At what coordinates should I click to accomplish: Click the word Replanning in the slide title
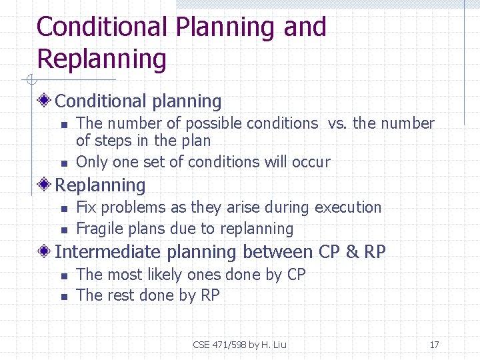point(101,59)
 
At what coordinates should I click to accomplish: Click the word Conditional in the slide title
point(102,27)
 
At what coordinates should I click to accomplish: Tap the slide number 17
point(434,345)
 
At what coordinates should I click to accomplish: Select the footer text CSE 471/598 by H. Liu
point(239,345)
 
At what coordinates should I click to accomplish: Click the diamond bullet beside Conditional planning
point(45,101)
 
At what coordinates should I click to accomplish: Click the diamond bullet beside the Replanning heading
point(45,185)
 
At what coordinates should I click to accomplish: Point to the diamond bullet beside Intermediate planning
point(45,252)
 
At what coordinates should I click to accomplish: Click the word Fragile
point(99,229)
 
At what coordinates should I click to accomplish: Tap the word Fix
point(87,207)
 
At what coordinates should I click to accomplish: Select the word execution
point(348,207)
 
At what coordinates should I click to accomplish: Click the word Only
point(90,162)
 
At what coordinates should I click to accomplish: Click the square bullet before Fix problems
point(63,209)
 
